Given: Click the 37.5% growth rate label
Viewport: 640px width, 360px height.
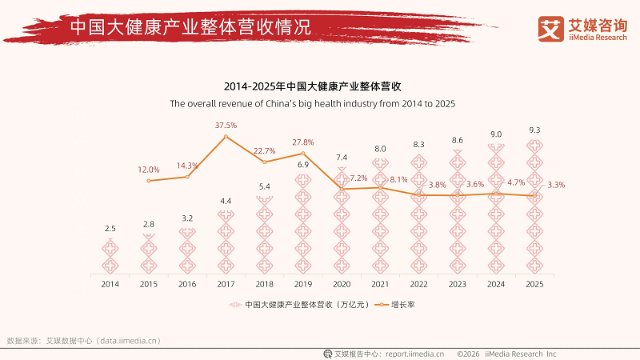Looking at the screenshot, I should (x=226, y=126).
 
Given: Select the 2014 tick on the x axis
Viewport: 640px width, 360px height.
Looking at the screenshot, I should (x=110, y=283).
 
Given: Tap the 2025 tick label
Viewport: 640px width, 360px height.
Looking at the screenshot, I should (x=534, y=283).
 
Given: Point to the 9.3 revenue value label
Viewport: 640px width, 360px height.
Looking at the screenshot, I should (x=534, y=130).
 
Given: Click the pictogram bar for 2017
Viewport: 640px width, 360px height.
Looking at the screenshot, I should (x=226, y=240).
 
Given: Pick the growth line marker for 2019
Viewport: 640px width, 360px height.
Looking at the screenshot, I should (x=303, y=153).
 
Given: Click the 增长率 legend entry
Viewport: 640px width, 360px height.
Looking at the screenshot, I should (x=402, y=305).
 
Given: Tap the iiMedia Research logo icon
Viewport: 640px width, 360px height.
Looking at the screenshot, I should (x=550, y=28).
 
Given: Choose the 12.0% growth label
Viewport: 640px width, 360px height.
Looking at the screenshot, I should (x=149, y=170).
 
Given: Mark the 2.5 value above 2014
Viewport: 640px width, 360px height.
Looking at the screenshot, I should (x=110, y=229).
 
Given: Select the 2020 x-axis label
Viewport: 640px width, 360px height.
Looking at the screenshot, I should (x=342, y=283).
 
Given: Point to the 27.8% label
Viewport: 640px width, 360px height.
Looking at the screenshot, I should (x=303, y=142).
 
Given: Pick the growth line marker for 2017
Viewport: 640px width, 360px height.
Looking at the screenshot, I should (x=226, y=137).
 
